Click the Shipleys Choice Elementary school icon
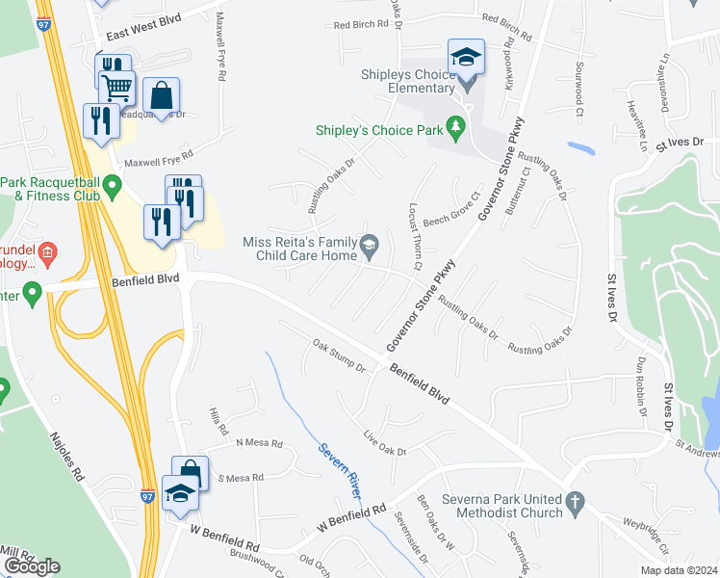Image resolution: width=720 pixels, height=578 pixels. pos(465,58)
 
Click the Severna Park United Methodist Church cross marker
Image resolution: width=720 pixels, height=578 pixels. pos(574,501)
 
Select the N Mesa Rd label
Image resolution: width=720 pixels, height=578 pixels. pos(259,444)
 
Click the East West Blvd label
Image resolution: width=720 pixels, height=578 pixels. pos(144,33)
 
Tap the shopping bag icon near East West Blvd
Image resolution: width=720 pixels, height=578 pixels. pos(161,94)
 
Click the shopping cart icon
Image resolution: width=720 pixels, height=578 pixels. pos(116,87)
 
